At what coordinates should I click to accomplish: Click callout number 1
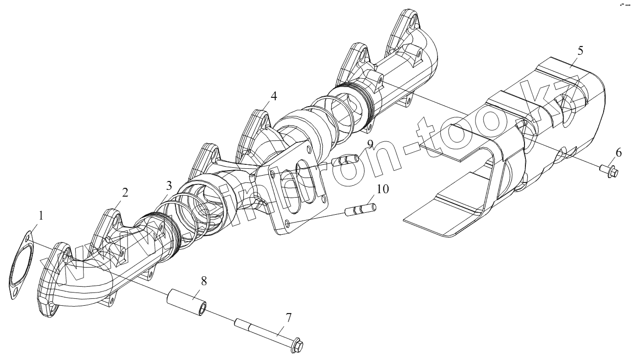coord(41,216)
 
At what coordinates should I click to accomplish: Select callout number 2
coord(125,192)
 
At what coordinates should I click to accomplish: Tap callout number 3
coord(168,186)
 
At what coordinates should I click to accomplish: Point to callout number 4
coord(274,96)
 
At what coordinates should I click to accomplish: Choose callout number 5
coord(580,50)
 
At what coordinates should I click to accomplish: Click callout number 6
coord(618,153)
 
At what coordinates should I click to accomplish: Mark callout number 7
coord(288,318)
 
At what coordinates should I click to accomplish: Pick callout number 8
coord(204,281)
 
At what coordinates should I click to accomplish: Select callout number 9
coord(370,144)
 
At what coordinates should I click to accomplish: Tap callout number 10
coord(383,189)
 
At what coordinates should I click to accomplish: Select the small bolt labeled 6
coord(609,170)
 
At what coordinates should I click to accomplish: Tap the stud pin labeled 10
coord(360,209)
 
